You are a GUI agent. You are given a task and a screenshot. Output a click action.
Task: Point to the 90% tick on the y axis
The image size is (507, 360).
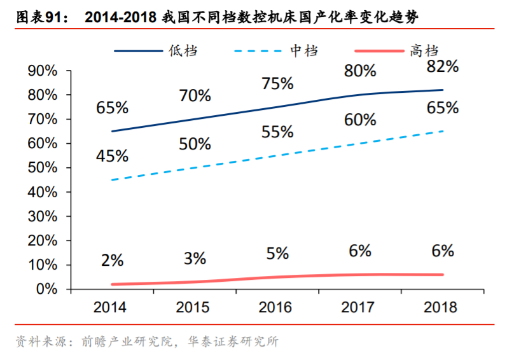[x=44, y=71]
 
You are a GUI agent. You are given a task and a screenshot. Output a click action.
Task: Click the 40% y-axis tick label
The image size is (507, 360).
[x=44, y=192]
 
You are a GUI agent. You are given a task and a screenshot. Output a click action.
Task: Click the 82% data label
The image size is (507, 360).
[x=443, y=66]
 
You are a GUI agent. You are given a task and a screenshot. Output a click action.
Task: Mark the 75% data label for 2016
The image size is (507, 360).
[x=277, y=83]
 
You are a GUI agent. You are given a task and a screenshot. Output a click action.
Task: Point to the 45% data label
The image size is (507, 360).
[x=113, y=156]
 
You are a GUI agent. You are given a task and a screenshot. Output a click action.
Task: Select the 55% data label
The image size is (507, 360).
[x=277, y=132]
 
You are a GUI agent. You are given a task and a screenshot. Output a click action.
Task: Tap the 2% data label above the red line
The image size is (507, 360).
[x=113, y=260]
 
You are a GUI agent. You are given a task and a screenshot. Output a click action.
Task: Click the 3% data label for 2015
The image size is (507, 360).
[x=195, y=258]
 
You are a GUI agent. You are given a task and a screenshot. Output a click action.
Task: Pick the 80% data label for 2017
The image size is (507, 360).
[x=360, y=71]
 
